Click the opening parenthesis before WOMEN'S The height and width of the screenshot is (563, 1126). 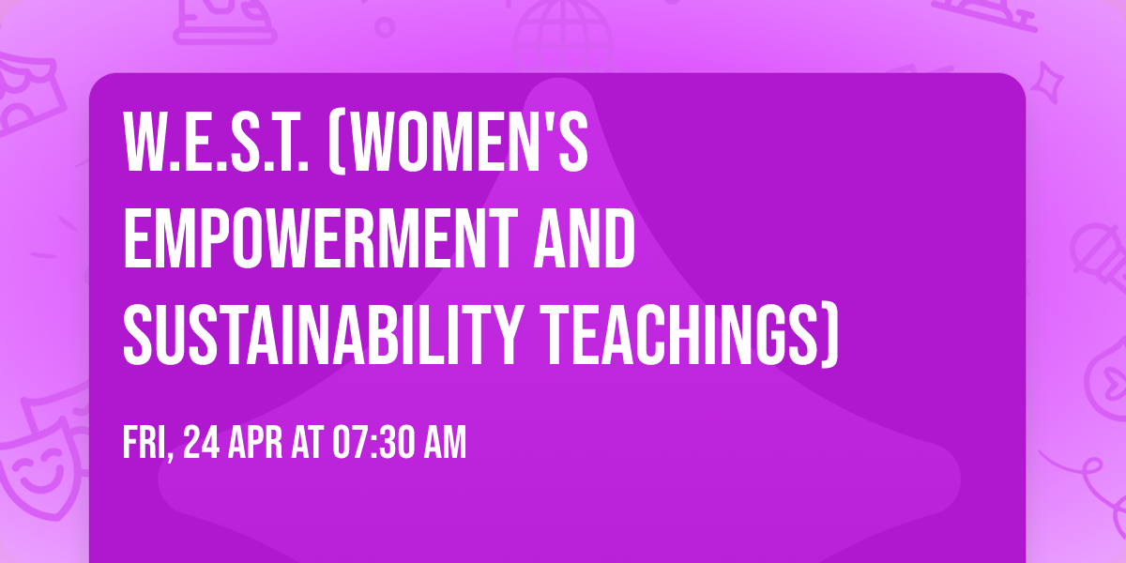click(x=335, y=143)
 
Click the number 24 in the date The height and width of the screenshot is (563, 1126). click(x=202, y=444)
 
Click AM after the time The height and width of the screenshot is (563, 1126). click(x=446, y=444)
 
